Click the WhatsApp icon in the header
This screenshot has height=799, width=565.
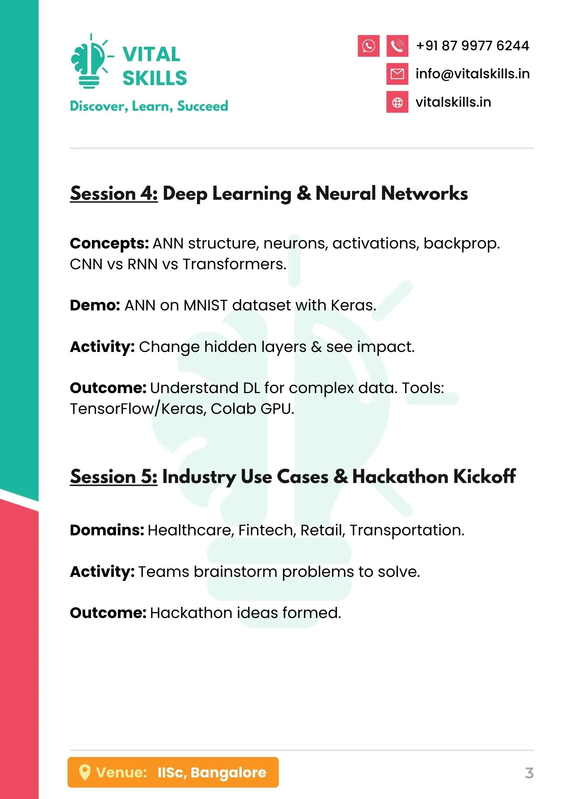click(x=368, y=46)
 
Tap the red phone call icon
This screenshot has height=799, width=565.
click(x=397, y=46)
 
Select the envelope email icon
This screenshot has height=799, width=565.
click(x=397, y=74)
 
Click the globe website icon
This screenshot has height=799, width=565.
click(x=397, y=102)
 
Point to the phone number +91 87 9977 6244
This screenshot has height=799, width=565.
click(x=472, y=46)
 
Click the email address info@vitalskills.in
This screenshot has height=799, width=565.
click(x=473, y=74)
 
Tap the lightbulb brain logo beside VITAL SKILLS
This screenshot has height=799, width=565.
click(x=91, y=61)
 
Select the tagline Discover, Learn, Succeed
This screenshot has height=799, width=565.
click(x=149, y=106)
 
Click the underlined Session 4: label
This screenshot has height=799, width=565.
click(x=114, y=194)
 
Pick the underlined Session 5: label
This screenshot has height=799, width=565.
click(x=114, y=477)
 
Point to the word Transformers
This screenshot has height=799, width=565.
click(x=235, y=264)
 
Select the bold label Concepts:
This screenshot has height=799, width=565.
click(x=109, y=244)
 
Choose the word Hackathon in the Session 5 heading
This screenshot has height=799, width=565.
click(x=400, y=477)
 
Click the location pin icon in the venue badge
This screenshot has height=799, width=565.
click(x=84, y=772)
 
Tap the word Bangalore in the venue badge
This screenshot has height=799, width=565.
click(x=229, y=773)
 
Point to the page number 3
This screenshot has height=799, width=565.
click(x=529, y=773)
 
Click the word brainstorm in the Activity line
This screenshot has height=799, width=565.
click(x=236, y=572)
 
